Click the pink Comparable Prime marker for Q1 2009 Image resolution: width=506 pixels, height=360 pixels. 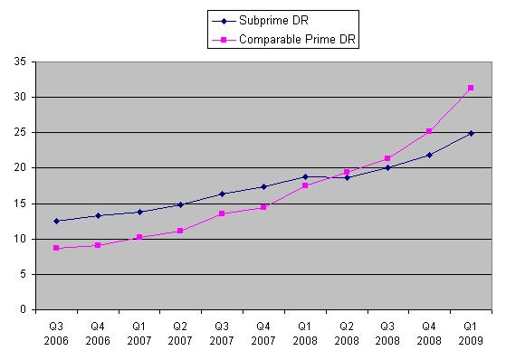[471, 88]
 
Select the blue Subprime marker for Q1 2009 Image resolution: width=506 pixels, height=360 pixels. [471, 133]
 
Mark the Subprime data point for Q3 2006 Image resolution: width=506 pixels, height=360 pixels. [58, 221]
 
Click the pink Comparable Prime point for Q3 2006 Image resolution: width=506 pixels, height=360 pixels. [58, 248]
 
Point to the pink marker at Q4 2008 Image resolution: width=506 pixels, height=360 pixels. [429, 131]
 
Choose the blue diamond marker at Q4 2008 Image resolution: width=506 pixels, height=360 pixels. [429, 155]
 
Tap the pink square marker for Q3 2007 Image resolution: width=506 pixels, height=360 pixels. [223, 213]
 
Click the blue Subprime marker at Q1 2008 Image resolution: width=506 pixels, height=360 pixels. [305, 176]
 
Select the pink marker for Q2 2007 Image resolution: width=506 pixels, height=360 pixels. [181, 231]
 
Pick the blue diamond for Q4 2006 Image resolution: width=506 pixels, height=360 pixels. [99, 215]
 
